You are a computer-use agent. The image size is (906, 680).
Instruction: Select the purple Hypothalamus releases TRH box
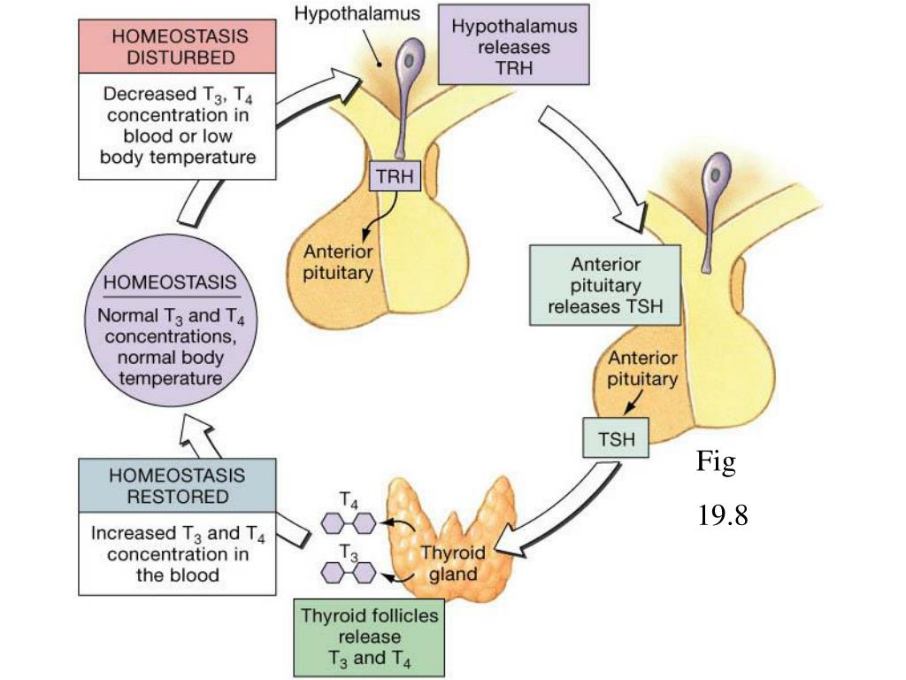point(514,48)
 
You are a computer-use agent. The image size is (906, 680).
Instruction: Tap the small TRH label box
point(395,176)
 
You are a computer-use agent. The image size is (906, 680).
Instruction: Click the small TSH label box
point(616,437)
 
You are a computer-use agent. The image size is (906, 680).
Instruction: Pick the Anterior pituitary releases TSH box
point(605,285)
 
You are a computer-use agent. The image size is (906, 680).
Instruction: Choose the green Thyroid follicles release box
point(369,636)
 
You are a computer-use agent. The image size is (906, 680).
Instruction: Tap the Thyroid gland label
point(452,562)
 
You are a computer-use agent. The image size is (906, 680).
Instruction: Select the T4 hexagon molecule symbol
point(349,523)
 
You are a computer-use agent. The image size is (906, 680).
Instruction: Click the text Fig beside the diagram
point(715,462)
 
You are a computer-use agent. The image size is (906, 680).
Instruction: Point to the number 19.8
point(722,515)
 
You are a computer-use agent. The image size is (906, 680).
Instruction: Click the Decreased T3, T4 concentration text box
point(178,125)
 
